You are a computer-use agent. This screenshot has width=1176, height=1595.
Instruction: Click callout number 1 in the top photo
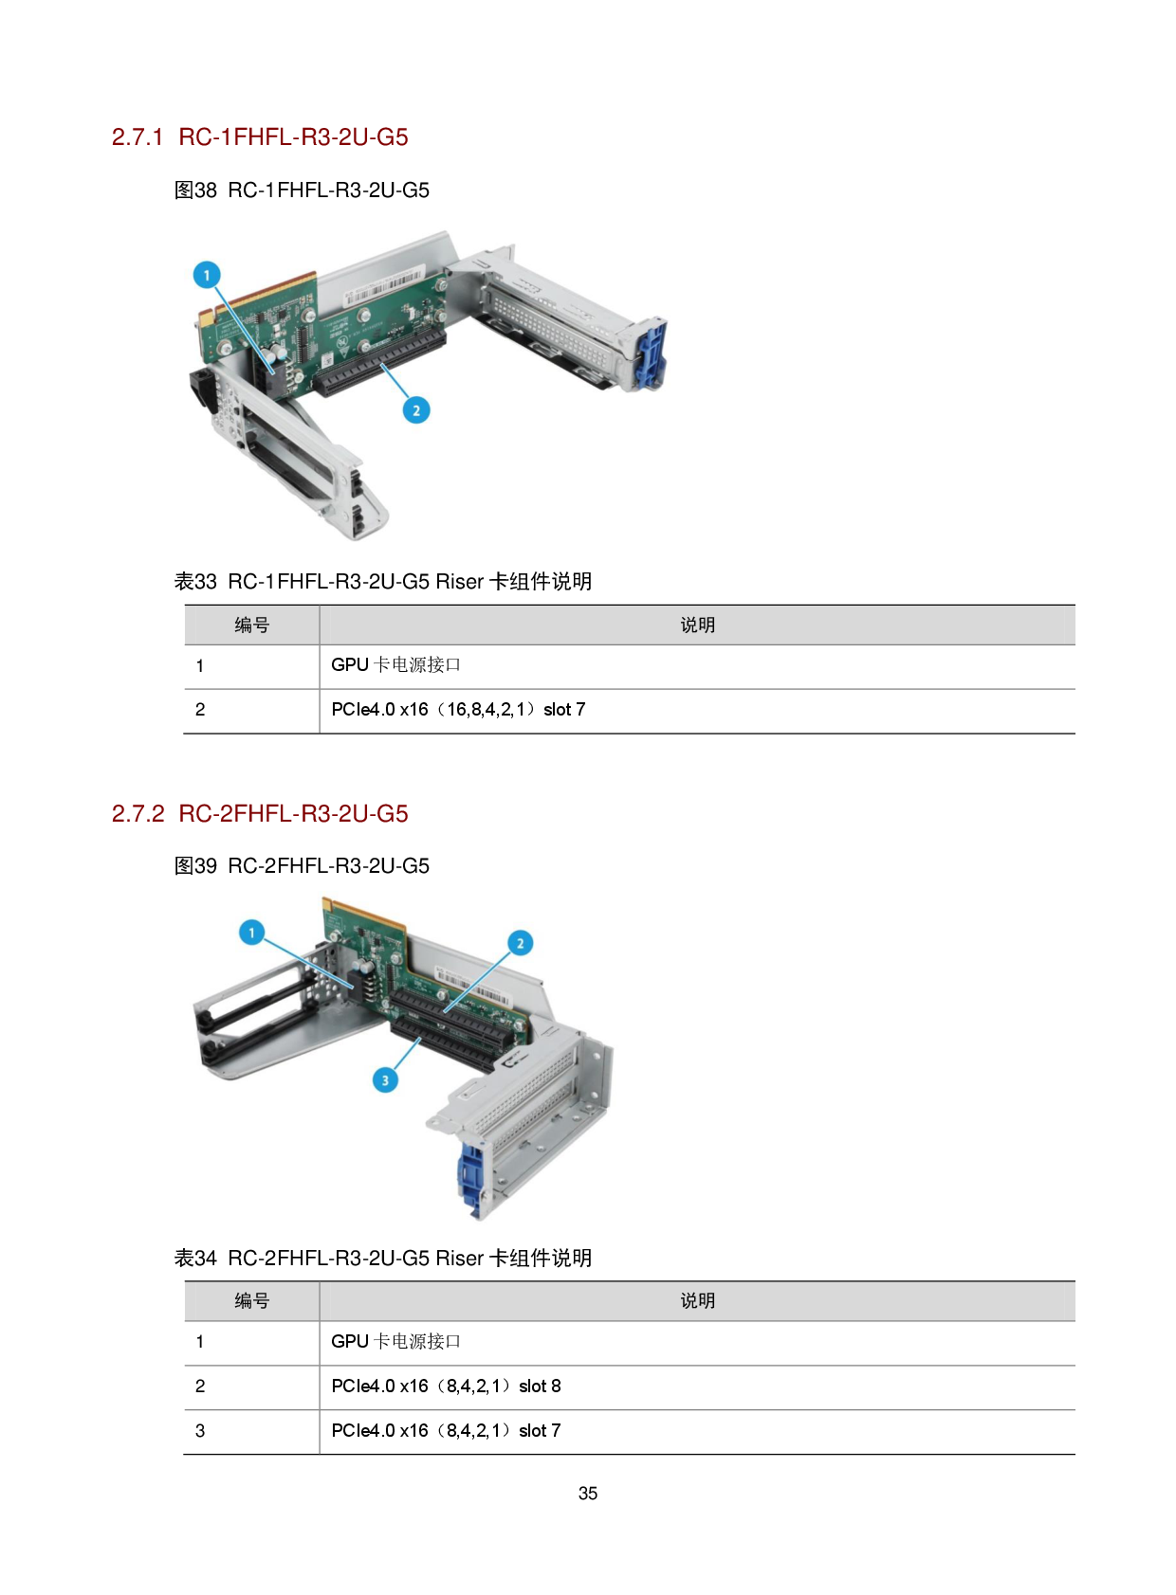(207, 275)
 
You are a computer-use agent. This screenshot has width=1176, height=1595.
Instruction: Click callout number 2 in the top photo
(415, 410)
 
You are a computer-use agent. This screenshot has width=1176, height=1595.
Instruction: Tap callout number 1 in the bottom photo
(251, 933)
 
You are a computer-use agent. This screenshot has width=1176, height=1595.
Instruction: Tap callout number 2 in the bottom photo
(520, 943)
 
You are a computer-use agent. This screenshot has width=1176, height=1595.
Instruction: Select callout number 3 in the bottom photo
(385, 1079)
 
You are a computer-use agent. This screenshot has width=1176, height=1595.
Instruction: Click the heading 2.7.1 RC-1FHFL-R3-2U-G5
(260, 137)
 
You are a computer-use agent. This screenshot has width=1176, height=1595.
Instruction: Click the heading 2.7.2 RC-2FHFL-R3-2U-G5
(260, 814)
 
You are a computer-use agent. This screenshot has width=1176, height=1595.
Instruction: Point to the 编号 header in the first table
(252, 625)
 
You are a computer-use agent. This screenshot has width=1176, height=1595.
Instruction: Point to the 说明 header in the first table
(697, 625)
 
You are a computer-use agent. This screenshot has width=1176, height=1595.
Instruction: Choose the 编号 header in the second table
(252, 1301)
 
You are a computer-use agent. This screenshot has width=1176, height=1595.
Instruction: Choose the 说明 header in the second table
(697, 1301)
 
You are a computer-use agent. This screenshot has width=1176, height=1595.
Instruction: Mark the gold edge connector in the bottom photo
(365, 911)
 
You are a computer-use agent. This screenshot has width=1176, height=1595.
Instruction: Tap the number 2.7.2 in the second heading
(138, 814)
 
